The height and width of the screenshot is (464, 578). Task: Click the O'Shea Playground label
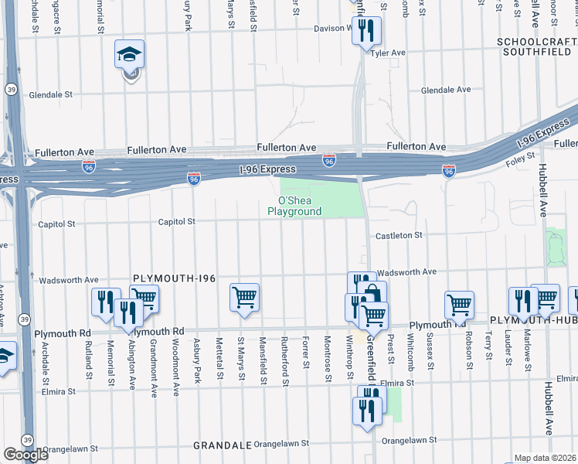tap(294, 206)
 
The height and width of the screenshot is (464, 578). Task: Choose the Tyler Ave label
tap(389, 53)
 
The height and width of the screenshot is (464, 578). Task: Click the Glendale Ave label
tap(446, 90)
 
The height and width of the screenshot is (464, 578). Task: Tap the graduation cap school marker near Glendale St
tap(129, 56)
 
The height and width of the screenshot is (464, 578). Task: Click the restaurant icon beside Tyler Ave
tap(366, 31)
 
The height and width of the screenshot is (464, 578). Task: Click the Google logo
tap(25, 455)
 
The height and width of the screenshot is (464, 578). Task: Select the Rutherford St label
tap(285, 362)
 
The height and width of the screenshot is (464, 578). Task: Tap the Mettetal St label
tap(220, 361)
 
